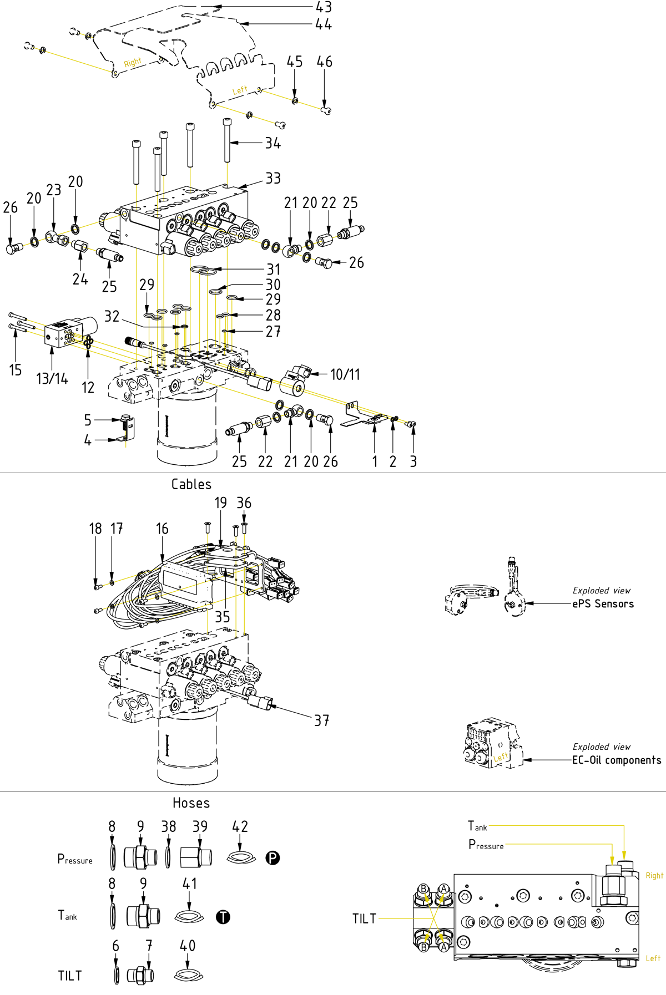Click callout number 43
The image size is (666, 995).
324,7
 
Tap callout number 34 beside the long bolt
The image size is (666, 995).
273,143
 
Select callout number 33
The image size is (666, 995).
273,179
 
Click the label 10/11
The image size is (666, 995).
345,375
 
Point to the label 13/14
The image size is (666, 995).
52,379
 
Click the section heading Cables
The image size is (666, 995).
191,484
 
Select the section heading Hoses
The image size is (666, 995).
191,803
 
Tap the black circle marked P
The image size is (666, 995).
273,858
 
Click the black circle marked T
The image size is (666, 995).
223,917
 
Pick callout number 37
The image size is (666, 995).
321,720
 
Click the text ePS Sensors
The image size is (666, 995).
603,604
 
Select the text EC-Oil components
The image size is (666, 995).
617,760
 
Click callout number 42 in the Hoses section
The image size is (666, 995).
240,826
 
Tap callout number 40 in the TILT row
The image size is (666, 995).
188,946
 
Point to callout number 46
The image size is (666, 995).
325,62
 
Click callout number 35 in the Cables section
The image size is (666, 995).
222,617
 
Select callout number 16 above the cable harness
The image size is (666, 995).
162,529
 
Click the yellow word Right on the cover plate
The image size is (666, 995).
132,62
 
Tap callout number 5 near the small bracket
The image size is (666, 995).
88,420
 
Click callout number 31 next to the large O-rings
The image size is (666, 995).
273,270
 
